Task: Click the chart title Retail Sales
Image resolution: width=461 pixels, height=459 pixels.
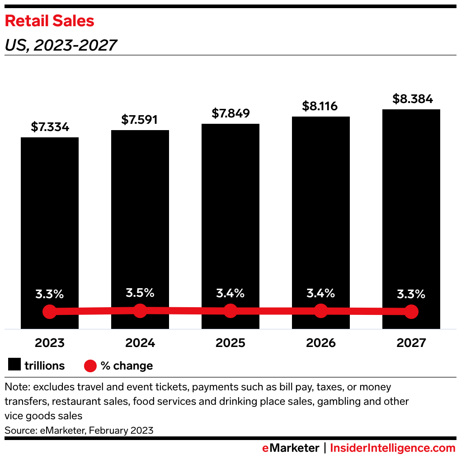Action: tap(49, 21)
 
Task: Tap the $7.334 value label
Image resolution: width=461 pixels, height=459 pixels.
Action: tap(50, 127)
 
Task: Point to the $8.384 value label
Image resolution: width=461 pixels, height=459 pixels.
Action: tap(411, 98)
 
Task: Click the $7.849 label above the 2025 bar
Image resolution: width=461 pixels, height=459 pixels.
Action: tap(230, 113)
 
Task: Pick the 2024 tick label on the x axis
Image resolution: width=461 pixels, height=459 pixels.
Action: tap(140, 343)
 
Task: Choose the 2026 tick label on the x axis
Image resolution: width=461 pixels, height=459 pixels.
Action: tap(321, 343)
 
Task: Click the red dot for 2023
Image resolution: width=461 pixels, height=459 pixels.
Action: tap(50, 312)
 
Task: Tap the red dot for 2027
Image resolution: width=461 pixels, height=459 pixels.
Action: tap(411, 312)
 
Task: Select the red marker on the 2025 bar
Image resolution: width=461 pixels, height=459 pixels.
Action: tap(230, 311)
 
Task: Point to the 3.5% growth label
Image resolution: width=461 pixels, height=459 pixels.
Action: tap(140, 293)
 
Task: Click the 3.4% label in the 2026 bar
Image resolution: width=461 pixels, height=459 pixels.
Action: tap(321, 293)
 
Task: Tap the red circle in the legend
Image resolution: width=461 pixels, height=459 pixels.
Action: tap(90, 365)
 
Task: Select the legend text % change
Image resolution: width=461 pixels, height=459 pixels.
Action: tap(127, 365)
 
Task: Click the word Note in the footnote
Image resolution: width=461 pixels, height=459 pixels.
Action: tap(17, 387)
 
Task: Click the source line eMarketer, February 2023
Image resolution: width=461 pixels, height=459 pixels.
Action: tap(79, 430)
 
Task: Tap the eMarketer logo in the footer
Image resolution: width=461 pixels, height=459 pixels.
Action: tap(291, 448)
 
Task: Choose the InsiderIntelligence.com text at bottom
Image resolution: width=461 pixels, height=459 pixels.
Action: tap(392, 448)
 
